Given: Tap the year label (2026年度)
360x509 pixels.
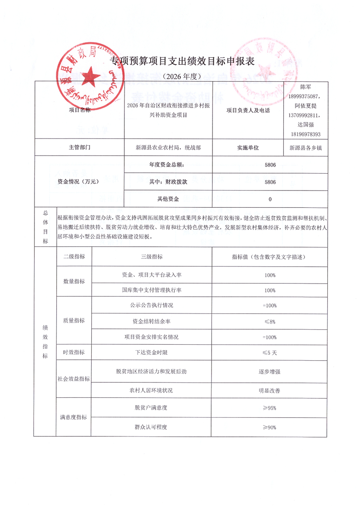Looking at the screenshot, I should (179, 76).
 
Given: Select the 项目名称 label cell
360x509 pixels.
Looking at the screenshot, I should (80, 109).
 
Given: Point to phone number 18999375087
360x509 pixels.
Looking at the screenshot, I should (304, 97).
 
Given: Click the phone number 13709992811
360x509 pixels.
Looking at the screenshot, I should (304, 116).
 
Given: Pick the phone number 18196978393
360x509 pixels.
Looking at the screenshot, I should (304, 134).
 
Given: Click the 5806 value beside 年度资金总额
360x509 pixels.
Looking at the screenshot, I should (270, 165).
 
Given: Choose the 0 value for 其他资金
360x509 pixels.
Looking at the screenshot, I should (270, 199).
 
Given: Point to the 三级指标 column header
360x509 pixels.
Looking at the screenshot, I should (152, 257).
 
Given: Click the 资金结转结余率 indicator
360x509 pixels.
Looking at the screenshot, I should (152, 321).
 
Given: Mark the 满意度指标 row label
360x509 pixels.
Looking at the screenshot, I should (73, 417).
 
